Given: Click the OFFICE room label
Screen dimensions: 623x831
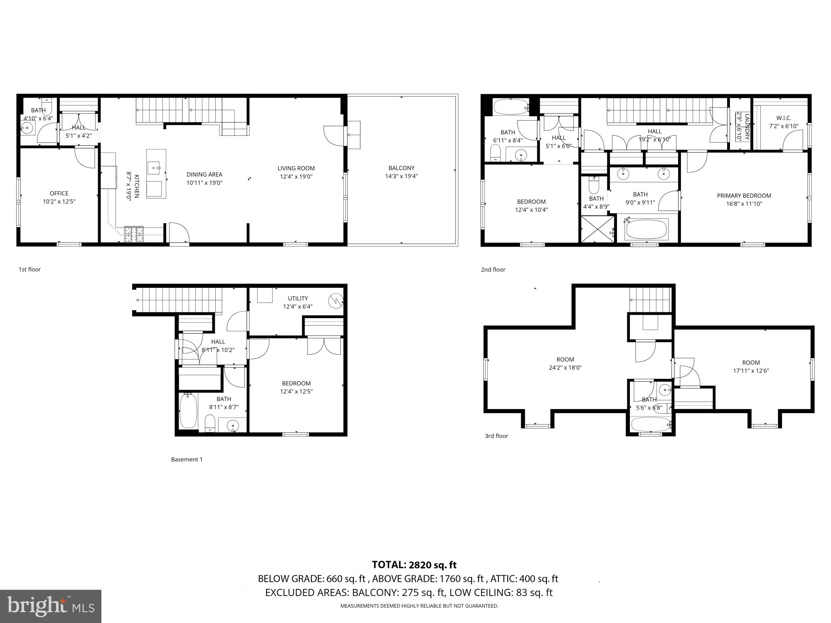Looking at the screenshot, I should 59,194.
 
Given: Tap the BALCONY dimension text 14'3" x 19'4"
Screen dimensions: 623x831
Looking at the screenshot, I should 401,176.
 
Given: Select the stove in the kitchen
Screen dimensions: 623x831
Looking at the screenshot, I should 134,234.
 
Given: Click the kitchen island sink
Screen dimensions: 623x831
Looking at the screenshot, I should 156,168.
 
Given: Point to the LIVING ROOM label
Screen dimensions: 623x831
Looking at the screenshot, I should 296,168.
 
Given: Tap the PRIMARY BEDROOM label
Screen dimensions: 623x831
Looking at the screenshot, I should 744,196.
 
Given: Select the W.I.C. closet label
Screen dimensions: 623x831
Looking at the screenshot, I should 784,118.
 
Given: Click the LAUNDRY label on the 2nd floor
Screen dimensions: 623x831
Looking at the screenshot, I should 747,126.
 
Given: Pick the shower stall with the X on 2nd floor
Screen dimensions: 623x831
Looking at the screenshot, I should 597,228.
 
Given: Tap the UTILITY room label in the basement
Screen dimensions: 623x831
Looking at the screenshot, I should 298,298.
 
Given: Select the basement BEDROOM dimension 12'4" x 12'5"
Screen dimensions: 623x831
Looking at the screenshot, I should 296,391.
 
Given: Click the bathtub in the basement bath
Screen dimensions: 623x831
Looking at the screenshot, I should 188,411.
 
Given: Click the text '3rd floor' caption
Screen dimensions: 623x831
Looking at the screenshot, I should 496,436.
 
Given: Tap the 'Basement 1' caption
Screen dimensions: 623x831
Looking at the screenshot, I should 187,459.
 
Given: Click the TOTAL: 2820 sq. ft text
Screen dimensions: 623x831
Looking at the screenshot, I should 414,565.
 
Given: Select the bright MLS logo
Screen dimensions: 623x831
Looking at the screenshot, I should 51,606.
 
